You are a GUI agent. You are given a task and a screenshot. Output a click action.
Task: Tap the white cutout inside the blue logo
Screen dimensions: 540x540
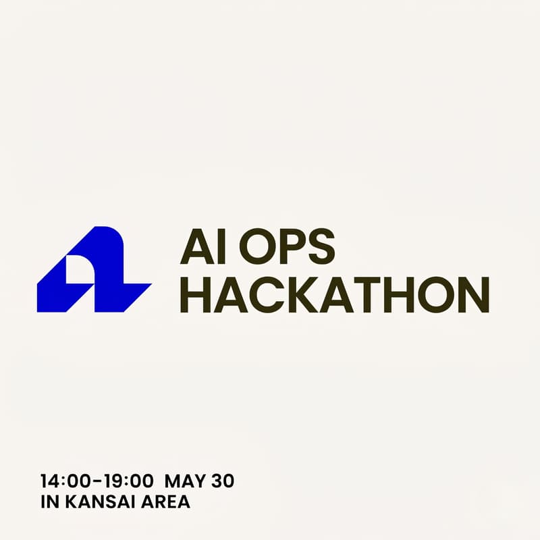(76, 272)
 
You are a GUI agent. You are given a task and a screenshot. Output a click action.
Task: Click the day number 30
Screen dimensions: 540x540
(222, 481)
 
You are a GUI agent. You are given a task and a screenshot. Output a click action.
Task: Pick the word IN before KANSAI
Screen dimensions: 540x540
(48, 502)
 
